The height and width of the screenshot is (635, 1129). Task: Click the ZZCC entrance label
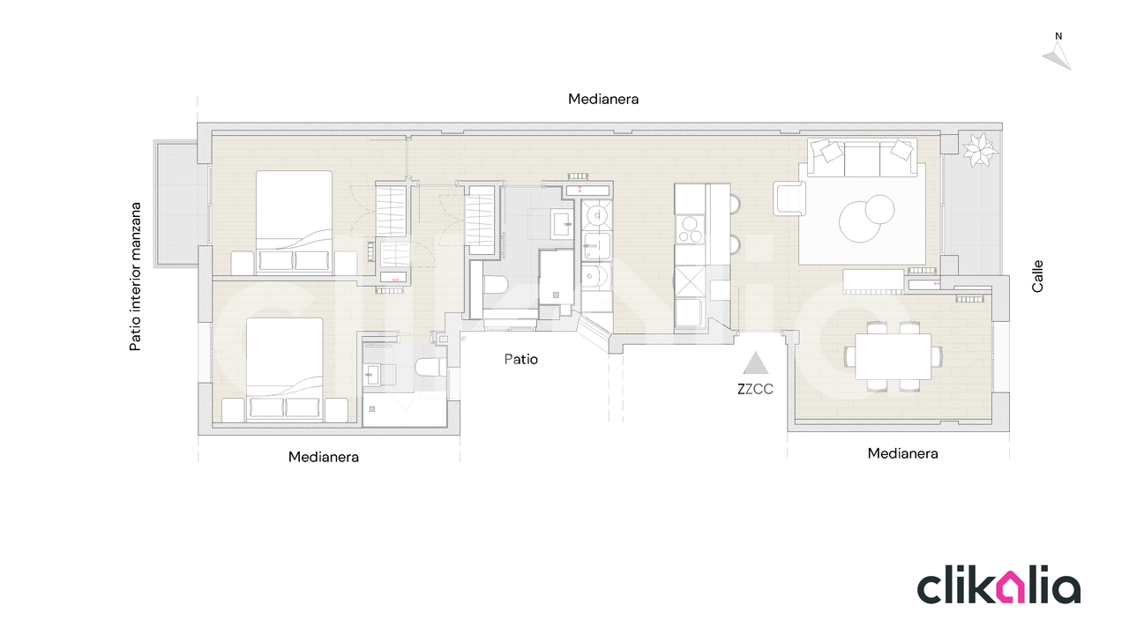click(754, 389)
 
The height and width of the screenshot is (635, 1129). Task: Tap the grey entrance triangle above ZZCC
click(755, 364)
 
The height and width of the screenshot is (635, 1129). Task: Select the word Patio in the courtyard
click(520, 359)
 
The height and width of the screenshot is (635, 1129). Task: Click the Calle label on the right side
click(1037, 276)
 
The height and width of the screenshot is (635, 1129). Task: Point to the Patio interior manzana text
click(135, 277)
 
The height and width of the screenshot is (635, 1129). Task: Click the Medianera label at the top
click(603, 100)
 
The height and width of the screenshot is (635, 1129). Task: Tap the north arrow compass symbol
click(1058, 54)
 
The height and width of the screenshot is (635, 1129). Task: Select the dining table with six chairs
click(893, 357)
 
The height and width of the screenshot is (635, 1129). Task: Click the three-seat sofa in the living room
click(863, 158)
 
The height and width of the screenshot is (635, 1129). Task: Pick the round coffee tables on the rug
click(866, 219)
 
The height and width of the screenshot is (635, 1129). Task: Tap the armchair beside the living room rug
click(789, 198)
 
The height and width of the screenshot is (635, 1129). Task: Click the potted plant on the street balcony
click(979, 150)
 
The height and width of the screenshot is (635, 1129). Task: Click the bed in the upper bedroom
click(295, 222)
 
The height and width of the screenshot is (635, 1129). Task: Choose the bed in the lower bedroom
click(285, 370)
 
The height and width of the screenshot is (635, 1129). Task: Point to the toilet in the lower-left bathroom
click(430, 367)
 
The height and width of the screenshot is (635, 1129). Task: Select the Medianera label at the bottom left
click(324, 457)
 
